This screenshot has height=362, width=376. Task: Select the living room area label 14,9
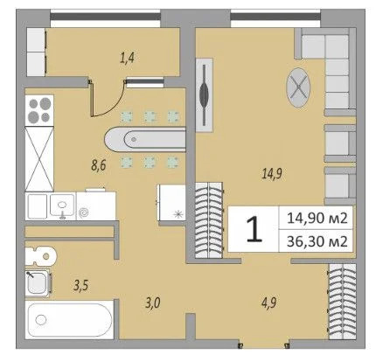pos(269,172)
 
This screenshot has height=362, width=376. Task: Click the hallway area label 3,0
pos(152,303)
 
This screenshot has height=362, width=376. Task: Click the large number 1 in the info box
pos(253,230)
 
